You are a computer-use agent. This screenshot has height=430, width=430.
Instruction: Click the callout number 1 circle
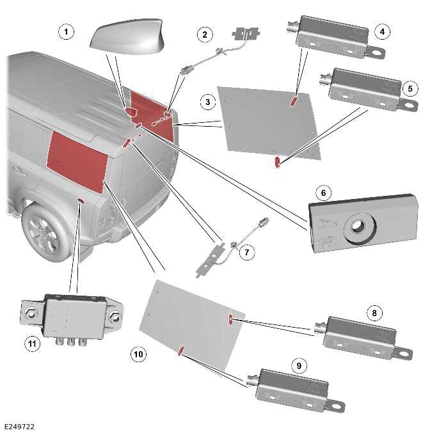pos(64,30)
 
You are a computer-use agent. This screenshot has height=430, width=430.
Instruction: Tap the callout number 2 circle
pos(205,34)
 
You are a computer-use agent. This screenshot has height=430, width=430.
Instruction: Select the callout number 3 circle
pos(207,102)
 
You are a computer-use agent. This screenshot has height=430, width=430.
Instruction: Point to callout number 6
pos(324,193)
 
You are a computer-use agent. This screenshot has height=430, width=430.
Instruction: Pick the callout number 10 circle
pos(138,353)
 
